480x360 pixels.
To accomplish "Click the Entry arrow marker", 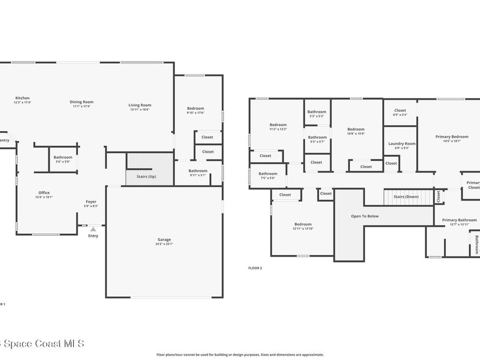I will point(93,229).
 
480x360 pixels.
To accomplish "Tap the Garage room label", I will point(164,240).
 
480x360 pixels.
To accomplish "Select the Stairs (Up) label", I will point(146,177).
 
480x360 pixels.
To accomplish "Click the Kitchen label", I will point(22,98).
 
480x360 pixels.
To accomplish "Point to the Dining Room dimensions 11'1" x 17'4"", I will point(82,106).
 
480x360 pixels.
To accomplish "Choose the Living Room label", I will point(140,105).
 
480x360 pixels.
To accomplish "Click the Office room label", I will point(44,193).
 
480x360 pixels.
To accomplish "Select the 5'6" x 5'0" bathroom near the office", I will point(63,159).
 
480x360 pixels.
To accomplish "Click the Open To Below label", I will point(365,216).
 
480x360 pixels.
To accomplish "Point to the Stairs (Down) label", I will point(406,197).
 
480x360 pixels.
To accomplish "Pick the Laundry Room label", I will point(402,143).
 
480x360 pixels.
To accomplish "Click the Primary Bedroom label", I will point(451,137).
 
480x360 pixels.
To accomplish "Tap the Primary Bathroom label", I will point(459,220).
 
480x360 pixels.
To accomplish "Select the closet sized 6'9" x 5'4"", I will point(400,112).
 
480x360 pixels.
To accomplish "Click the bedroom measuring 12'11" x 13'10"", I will point(302,226).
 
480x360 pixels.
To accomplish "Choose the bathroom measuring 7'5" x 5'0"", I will point(268,176).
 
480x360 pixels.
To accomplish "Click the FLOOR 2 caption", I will point(255,268).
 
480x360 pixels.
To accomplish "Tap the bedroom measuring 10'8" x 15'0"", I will point(356,131).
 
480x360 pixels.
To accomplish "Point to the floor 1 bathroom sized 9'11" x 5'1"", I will point(198,173).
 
